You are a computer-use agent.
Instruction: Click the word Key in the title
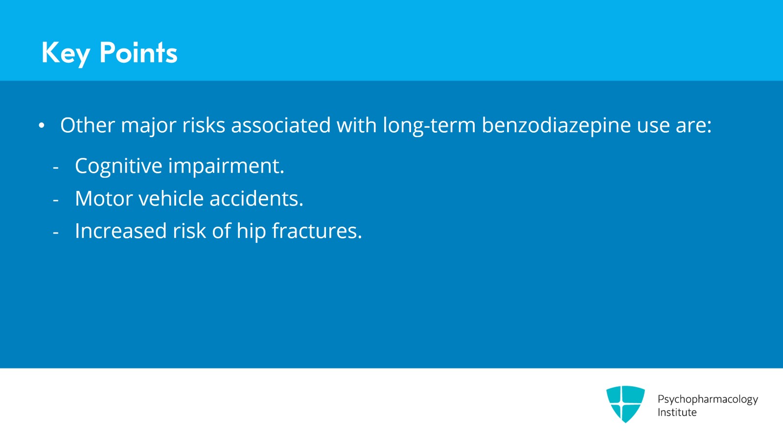pyautogui.click(x=66, y=53)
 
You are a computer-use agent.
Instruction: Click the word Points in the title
pyautogui.click(x=138, y=52)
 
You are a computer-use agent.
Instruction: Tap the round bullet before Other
pyautogui.click(x=42, y=126)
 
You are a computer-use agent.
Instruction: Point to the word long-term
pyautogui.click(x=429, y=125)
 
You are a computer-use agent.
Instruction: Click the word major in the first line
pyautogui.click(x=148, y=125)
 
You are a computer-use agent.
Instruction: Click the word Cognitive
pyautogui.click(x=118, y=166)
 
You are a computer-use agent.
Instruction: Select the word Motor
pyautogui.click(x=104, y=199)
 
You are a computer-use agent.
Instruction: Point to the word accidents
pyautogui.click(x=256, y=199)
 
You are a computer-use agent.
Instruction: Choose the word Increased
pyautogui.click(x=121, y=231)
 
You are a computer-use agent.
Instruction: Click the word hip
pyautogui.click(x=251, y=231)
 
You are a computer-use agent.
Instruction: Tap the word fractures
pyautogui.click(x=317, y=231)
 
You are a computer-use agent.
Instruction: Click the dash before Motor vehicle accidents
pyautogui.click(x=56, y=200)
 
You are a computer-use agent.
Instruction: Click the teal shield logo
pyautogui.click(x=625, y=403)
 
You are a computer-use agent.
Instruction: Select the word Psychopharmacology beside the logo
pyautogui.click(x=707, y=399)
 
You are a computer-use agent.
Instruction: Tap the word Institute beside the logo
pyautogui.click(x=677, y=413)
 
